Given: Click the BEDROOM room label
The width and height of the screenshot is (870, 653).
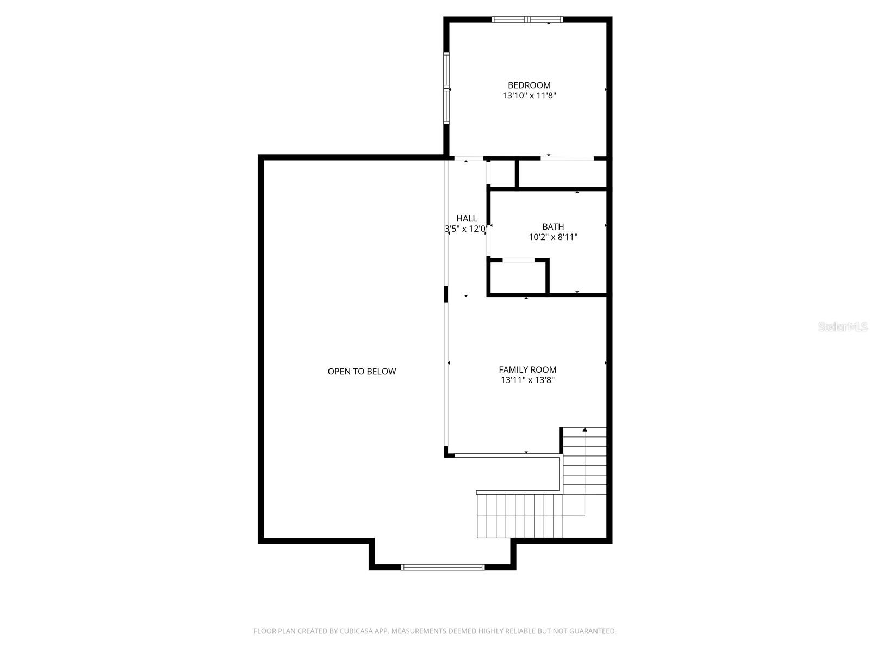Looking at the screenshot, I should pos(529,85).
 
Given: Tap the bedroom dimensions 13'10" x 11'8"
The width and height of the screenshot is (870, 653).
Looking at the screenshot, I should pos(529,96).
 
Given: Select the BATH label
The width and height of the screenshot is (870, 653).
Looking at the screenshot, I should pos(553,226).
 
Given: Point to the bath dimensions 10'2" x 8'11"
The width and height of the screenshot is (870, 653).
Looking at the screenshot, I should pos(553,237).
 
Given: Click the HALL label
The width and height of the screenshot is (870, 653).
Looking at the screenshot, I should pos(467,219).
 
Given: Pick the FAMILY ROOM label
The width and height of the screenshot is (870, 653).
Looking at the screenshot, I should pos(527,370).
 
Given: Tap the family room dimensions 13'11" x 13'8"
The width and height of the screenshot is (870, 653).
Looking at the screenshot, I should pos(527,380).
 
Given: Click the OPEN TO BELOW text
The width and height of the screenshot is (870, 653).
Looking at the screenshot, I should pos(362,372).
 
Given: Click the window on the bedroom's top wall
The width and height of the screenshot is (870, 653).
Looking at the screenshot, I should pos(527,20).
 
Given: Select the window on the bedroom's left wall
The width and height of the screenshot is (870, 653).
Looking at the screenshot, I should pos(446,88).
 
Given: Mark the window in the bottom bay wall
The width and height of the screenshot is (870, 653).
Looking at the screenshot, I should pos(443,567).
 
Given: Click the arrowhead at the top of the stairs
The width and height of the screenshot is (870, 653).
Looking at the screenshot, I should pos(585,430).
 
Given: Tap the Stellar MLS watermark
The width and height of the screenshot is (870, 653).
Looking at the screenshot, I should pos(843,326).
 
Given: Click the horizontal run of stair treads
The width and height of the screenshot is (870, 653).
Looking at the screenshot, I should pos(519,515).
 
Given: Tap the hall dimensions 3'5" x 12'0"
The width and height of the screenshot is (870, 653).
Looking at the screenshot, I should pos(467,229).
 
